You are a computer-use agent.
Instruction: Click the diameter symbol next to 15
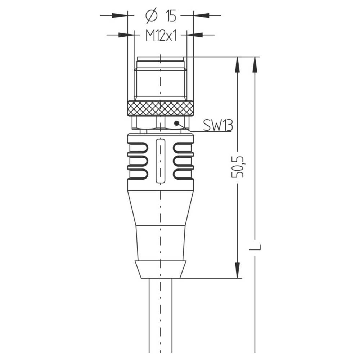click(152, 15)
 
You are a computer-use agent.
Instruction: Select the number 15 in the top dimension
click(171, 16)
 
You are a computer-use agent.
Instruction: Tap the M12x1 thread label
click(161, 35)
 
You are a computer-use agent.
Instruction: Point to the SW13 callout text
click(218, 125)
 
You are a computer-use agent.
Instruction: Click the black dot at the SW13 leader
click(176, 123)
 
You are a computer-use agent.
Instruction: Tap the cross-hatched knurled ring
click(161, 108)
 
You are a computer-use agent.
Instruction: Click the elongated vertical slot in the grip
click(161, 161)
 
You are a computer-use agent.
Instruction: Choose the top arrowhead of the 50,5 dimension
click(237, 65)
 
